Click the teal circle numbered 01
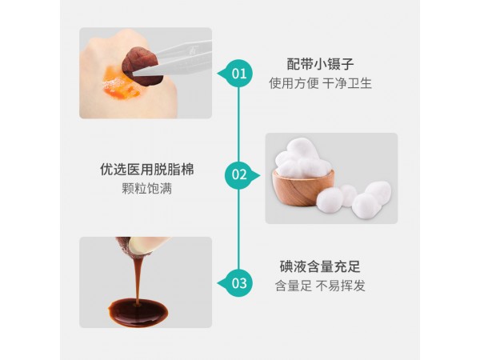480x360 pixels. click(238, 74)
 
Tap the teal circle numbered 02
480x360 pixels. click(238, 174)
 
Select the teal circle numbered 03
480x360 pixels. click(238, 282)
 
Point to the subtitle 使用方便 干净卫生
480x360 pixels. click(319, 83)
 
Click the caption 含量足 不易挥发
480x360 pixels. click(319, 286)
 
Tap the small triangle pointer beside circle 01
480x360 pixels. click(220, 74)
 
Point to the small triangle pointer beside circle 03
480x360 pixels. click(220, 282)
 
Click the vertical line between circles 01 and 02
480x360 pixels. click(238, 124)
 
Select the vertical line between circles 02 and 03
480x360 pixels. click(238, 228)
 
